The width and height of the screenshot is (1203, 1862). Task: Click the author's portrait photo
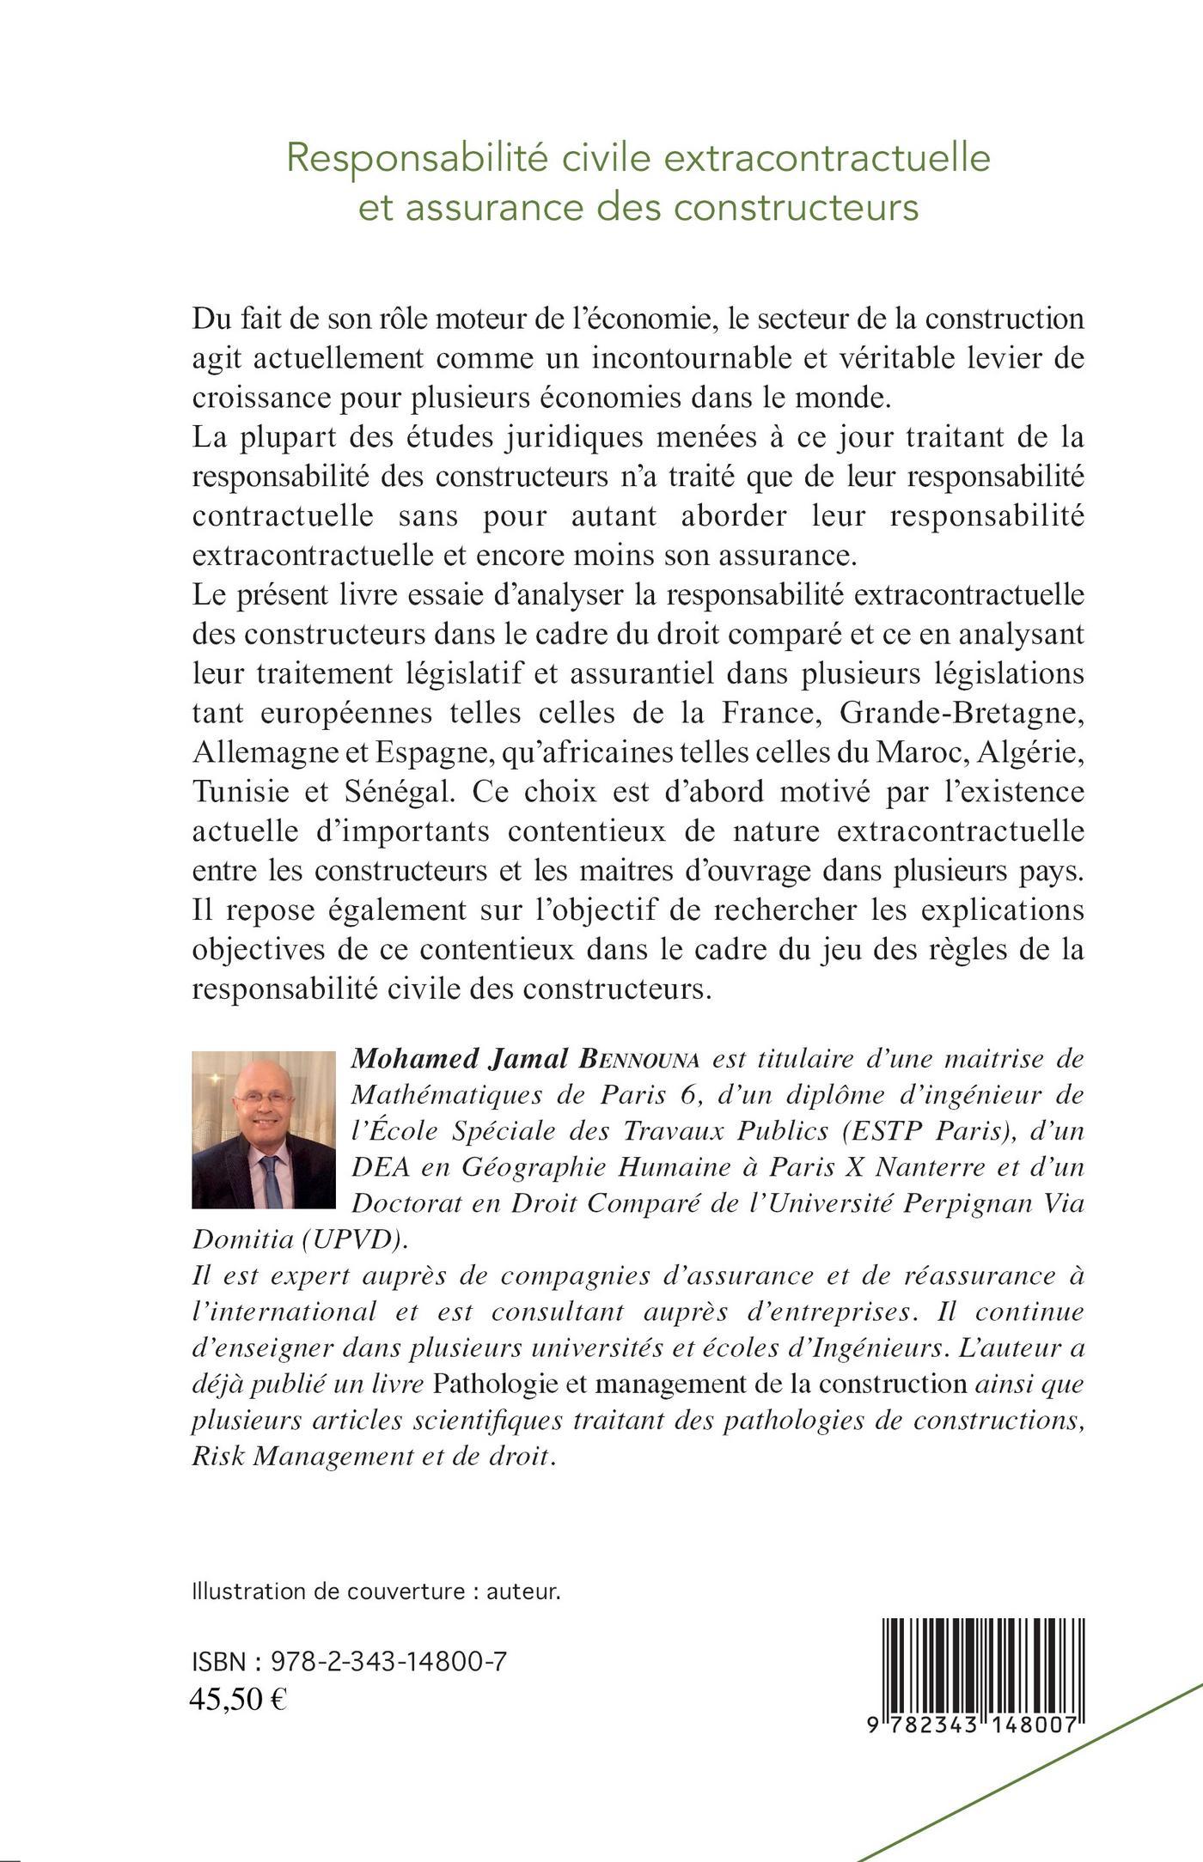coord(263,1129)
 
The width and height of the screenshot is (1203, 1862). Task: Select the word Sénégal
coord(396,792)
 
